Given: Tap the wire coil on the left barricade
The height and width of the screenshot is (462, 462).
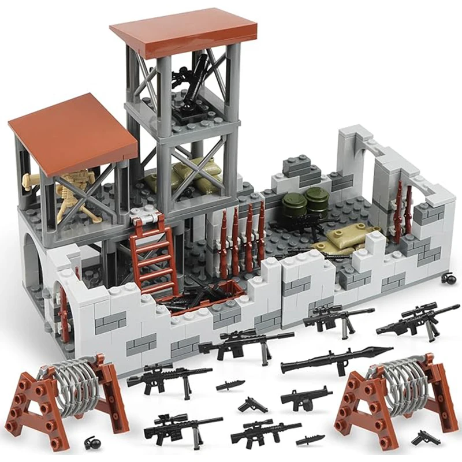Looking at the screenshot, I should tap(65, 380).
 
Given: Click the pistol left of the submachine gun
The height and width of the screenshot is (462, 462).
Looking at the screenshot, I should tap(252, 404).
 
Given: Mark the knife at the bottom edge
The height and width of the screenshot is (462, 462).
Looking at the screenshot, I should tap(310, 441).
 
